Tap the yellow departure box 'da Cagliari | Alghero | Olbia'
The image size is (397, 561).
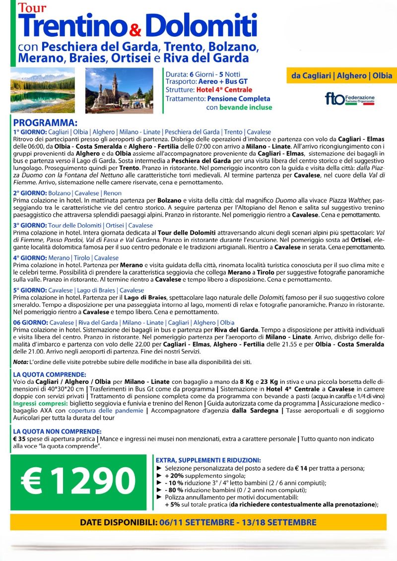(341, 76)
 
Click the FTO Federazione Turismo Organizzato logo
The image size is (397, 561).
(350, 98)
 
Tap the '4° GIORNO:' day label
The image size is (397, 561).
(30, 258)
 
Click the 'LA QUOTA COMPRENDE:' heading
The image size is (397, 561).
(50, 374)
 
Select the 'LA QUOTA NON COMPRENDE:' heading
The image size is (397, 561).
(58, 432)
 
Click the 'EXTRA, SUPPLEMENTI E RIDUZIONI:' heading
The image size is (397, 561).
(208, 460)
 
